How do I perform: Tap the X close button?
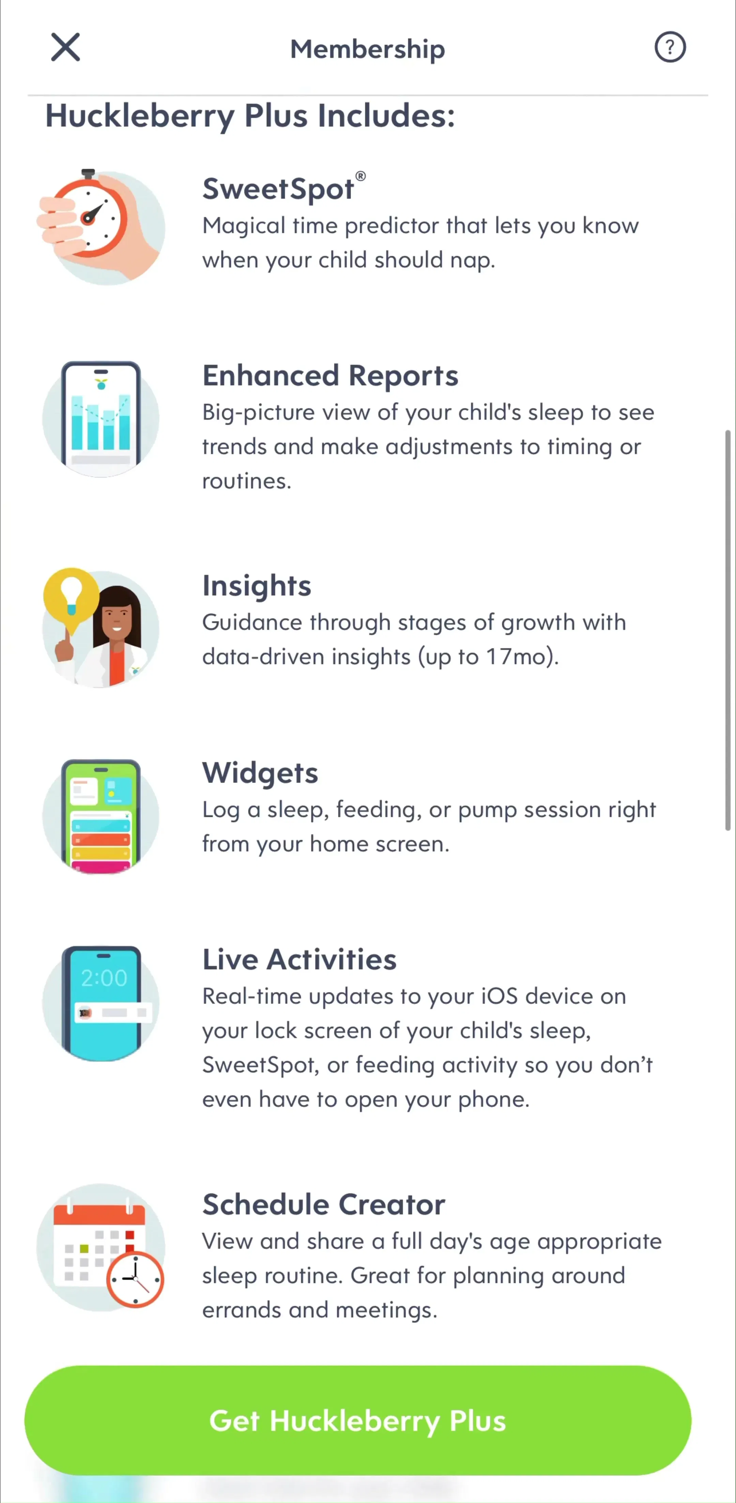[x=65, y=47]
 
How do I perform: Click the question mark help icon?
[x=670, y=47]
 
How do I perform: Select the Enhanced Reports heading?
[x=331, y=375]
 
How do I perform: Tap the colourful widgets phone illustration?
[x=101, y=816]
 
